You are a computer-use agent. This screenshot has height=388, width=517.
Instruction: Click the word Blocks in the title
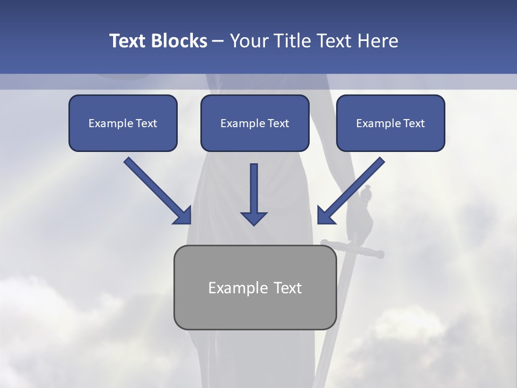pyautogui.click(x=179, y=41)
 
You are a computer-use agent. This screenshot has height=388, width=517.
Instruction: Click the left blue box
pyautogui.click(x=123, y=123)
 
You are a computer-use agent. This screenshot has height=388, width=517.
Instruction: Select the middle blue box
pyautogui.click(x=255, y=123)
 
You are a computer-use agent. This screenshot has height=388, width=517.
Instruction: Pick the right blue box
pyautogui.click(x=390, y=123)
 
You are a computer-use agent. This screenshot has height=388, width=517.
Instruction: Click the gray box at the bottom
pyautogui.click(x=255, y=287)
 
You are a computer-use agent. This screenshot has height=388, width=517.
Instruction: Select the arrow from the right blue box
pyautogui.click(x=353, y=189)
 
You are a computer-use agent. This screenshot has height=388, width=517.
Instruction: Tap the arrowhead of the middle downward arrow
pyautogui.click(x=254, y=218)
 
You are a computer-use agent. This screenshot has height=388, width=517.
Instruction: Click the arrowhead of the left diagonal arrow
pyautogui.click(x=183, y=216)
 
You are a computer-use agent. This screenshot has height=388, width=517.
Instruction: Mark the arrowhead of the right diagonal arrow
pyautogui.click(x=325, y=216)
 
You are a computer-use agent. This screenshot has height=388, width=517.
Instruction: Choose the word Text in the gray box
pyautogui.click(x=288, y=288)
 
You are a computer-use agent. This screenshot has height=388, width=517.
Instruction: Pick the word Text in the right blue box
pyautogui.click(x=414, y=123)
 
